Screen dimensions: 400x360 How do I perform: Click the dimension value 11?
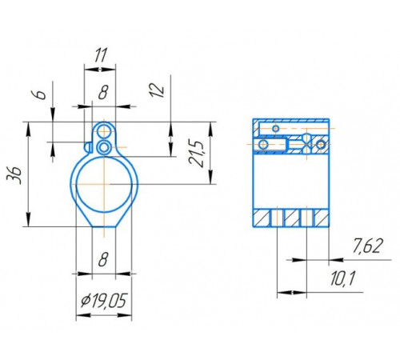101,55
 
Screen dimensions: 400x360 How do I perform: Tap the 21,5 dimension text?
196,153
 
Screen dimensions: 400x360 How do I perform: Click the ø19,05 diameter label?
103,301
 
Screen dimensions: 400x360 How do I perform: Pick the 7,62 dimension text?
368,246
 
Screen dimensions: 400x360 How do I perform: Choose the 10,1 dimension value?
342,279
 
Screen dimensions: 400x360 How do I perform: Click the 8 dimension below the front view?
103,259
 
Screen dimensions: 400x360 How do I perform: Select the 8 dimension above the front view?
103,92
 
